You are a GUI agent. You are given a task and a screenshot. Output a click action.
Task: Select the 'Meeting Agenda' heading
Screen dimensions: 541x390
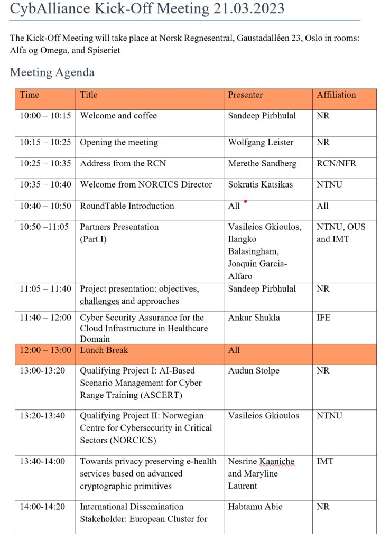tap(52, 72)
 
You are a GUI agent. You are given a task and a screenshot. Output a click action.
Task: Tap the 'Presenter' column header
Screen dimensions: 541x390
tap(245, 95)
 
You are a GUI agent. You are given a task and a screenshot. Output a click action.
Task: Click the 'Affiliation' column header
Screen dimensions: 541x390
tap(336, 95)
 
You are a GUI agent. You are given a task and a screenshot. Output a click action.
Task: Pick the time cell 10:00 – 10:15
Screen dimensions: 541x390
tap(45, 116)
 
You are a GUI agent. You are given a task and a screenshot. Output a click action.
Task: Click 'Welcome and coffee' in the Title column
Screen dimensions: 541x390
tap(118, 116)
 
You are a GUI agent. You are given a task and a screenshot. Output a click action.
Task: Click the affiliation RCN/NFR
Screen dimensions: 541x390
tap(337, 163)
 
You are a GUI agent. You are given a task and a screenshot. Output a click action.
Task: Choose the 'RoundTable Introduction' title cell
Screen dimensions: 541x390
tap(127, 206)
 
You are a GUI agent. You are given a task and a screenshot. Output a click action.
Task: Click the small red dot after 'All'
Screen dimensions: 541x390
tap(245, 201)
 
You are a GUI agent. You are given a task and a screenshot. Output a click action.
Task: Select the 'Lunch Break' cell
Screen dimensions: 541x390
tap(104, 350)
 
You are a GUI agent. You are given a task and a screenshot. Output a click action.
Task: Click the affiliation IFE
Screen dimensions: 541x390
tap(323, 318)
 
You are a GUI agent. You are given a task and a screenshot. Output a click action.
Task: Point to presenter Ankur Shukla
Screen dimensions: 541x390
tap(254, 318)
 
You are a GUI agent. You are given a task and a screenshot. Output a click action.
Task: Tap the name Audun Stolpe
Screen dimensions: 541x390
tap(254, 371)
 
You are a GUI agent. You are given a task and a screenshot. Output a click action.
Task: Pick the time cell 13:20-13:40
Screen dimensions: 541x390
tap(42, 416)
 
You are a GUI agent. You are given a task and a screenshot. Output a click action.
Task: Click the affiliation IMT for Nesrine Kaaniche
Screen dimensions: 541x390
tap(325, 461)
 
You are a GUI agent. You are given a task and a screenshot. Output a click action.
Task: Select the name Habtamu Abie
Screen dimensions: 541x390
tap(255, 507)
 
